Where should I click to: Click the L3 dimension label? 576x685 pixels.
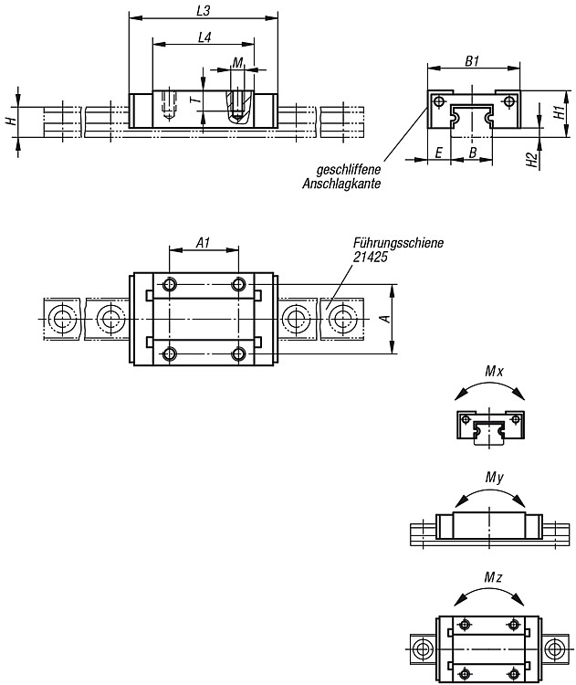tap(203, 10)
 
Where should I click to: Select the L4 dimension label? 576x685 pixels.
tap(204, 37)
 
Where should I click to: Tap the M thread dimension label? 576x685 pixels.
tap(237, 63)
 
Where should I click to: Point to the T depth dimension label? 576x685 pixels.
tap(196, 100)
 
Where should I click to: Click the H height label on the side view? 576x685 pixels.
tap(12, 119)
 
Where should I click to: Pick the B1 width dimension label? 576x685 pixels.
tap(472, 61)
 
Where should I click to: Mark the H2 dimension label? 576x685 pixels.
tap(531, 160)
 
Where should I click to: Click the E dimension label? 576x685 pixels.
tap(439, 153)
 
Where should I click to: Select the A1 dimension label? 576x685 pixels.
tap(203, 243)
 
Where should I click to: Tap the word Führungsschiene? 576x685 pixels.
tap(398, 242)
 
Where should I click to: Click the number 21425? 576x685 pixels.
tap(370, 257)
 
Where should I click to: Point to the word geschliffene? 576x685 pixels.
tap(349, 169)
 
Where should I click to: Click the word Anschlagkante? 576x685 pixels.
tap(341, 184)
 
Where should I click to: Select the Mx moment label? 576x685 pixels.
tap(494, 372)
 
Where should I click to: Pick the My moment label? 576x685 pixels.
tap(495, 478)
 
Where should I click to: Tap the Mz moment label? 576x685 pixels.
tap(493, 577)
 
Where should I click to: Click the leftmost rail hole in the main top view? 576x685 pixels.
tap(62, 320)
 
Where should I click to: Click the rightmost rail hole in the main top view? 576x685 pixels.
tap(343, 320)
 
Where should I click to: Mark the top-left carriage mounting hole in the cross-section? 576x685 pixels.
tap(437, 101)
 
